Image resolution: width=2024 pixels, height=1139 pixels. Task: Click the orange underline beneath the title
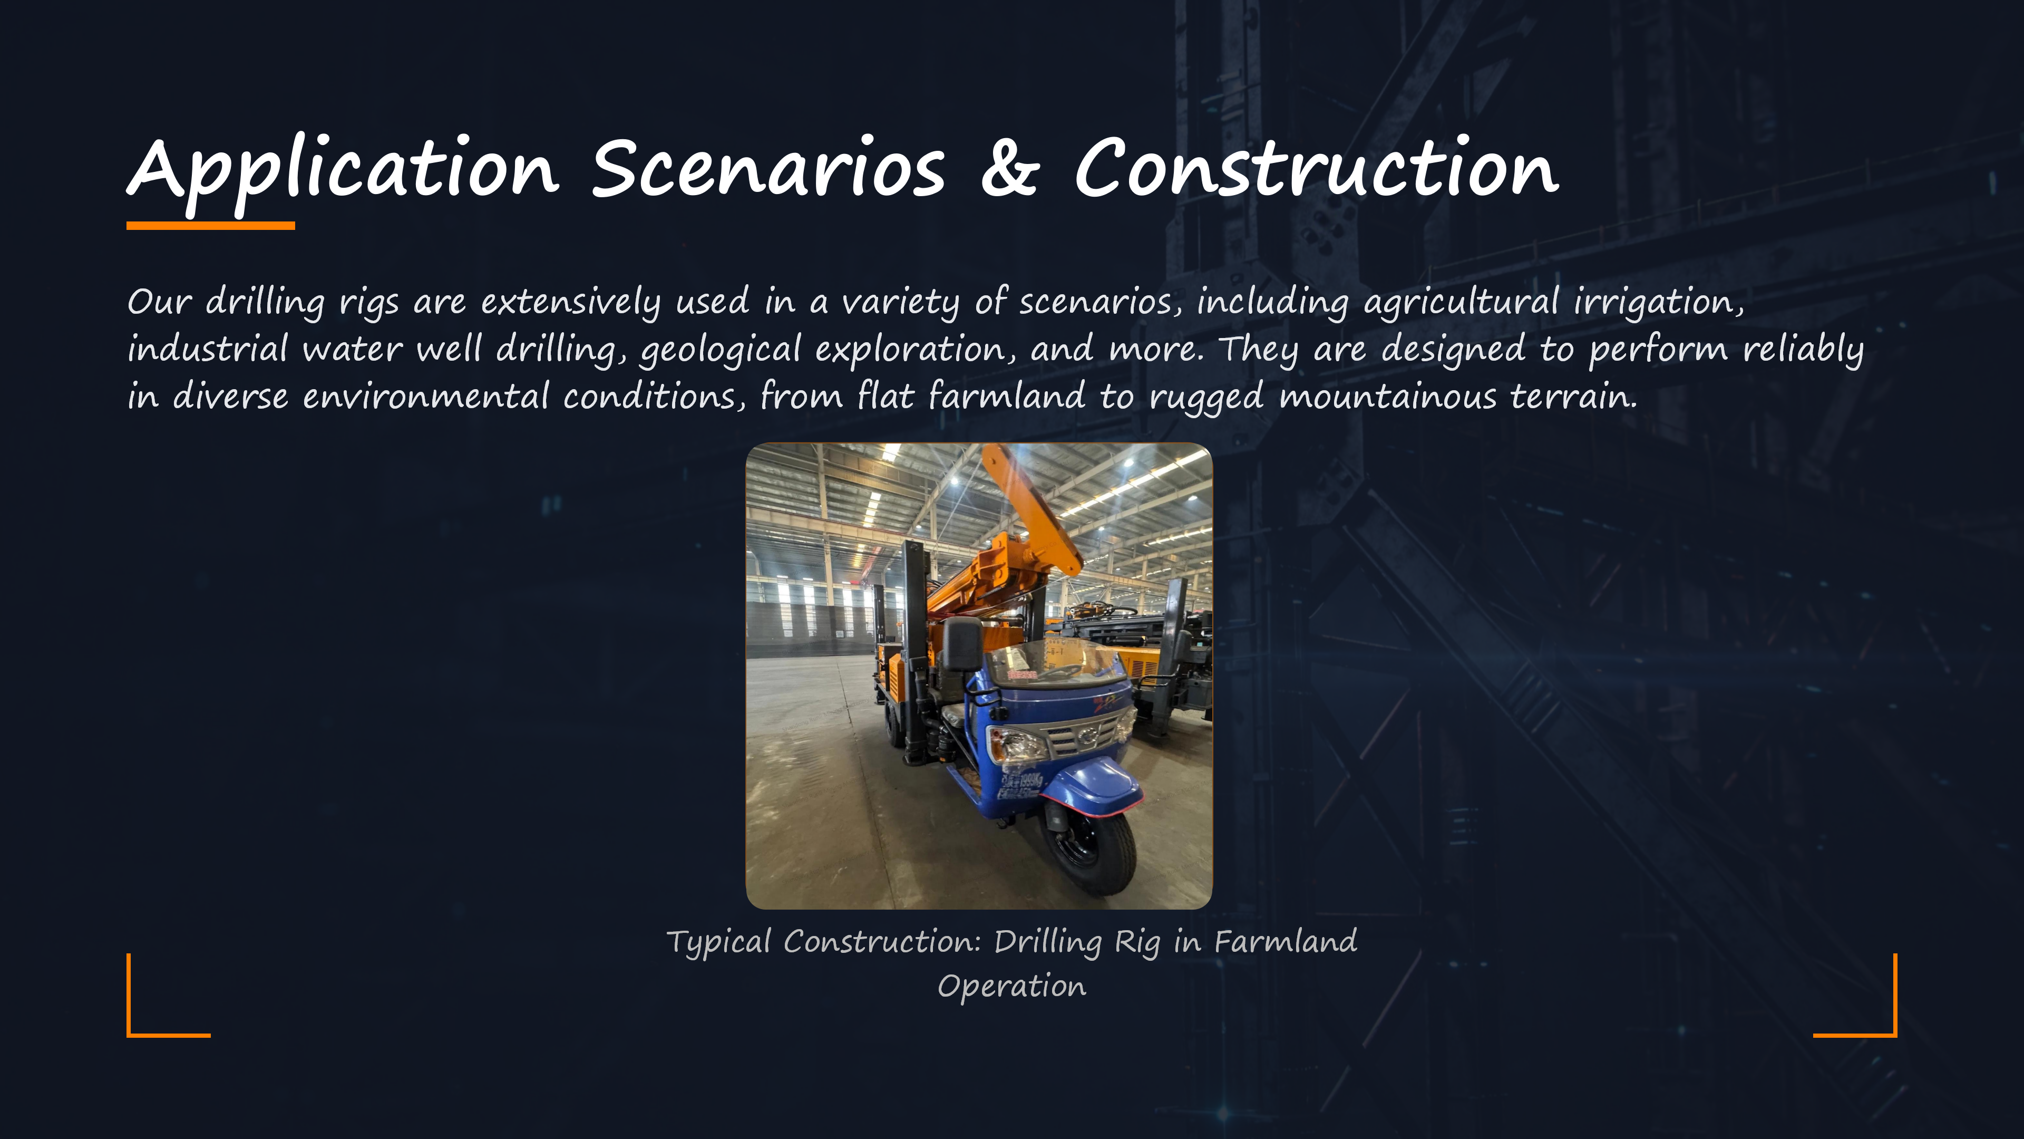pos(211,226)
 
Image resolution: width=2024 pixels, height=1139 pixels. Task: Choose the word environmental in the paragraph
pos(426,395)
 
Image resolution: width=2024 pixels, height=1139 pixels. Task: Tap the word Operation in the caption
pos(1012,987)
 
